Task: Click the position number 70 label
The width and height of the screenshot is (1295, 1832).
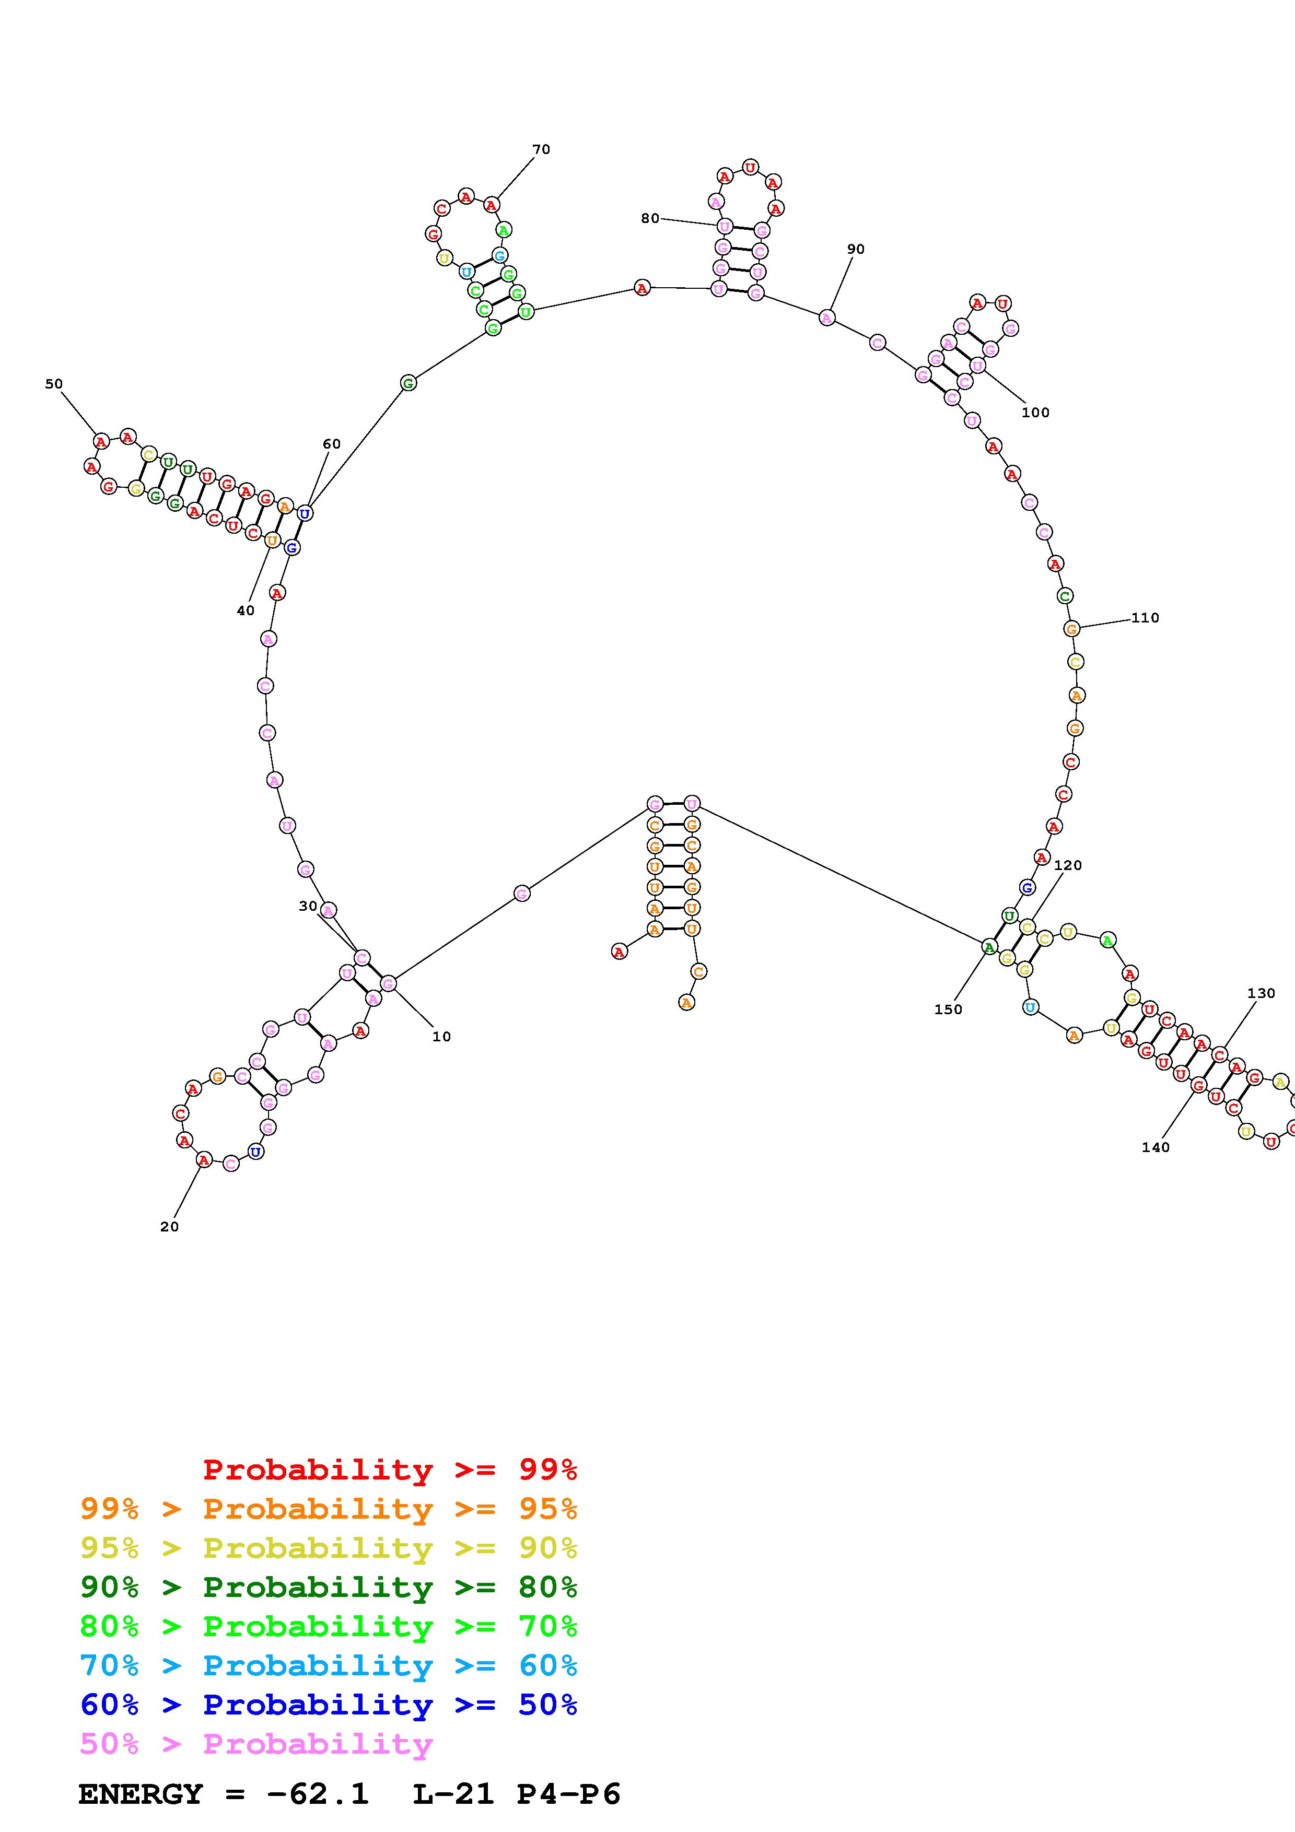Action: click(541, 149)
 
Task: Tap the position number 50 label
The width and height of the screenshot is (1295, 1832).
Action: click(53, 384)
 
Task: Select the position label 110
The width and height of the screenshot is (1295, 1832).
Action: click(1145, 618)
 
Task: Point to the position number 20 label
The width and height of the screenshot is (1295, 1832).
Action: click(169, 1226)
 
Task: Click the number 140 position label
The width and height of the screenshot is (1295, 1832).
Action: click(1156, 1147)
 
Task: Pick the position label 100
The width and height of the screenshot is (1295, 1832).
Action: click(1036, 413)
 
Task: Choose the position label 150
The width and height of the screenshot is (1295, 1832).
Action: click(948, 1009)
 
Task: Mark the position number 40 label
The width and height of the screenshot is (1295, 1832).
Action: click(245, 610)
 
